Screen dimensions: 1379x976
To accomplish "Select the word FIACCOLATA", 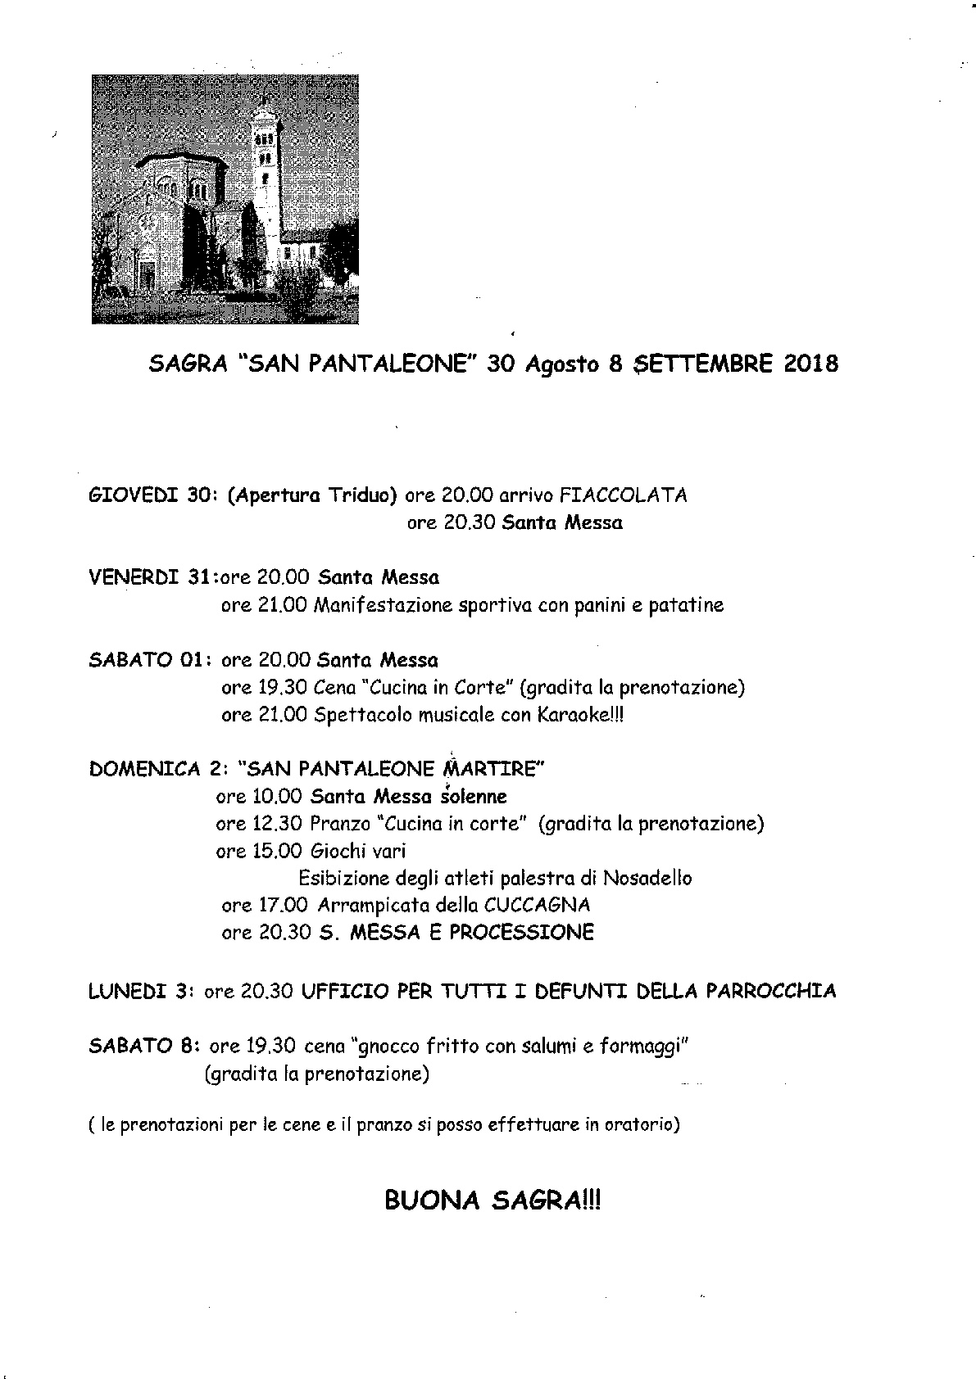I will tap(623, 495).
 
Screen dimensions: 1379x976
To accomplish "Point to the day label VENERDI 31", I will tap(148, 577).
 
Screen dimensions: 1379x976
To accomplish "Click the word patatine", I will tap(686, 606).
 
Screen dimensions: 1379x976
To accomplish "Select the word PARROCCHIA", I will tap(767, 992).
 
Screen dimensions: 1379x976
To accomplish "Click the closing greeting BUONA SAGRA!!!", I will tap(492, 1201).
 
